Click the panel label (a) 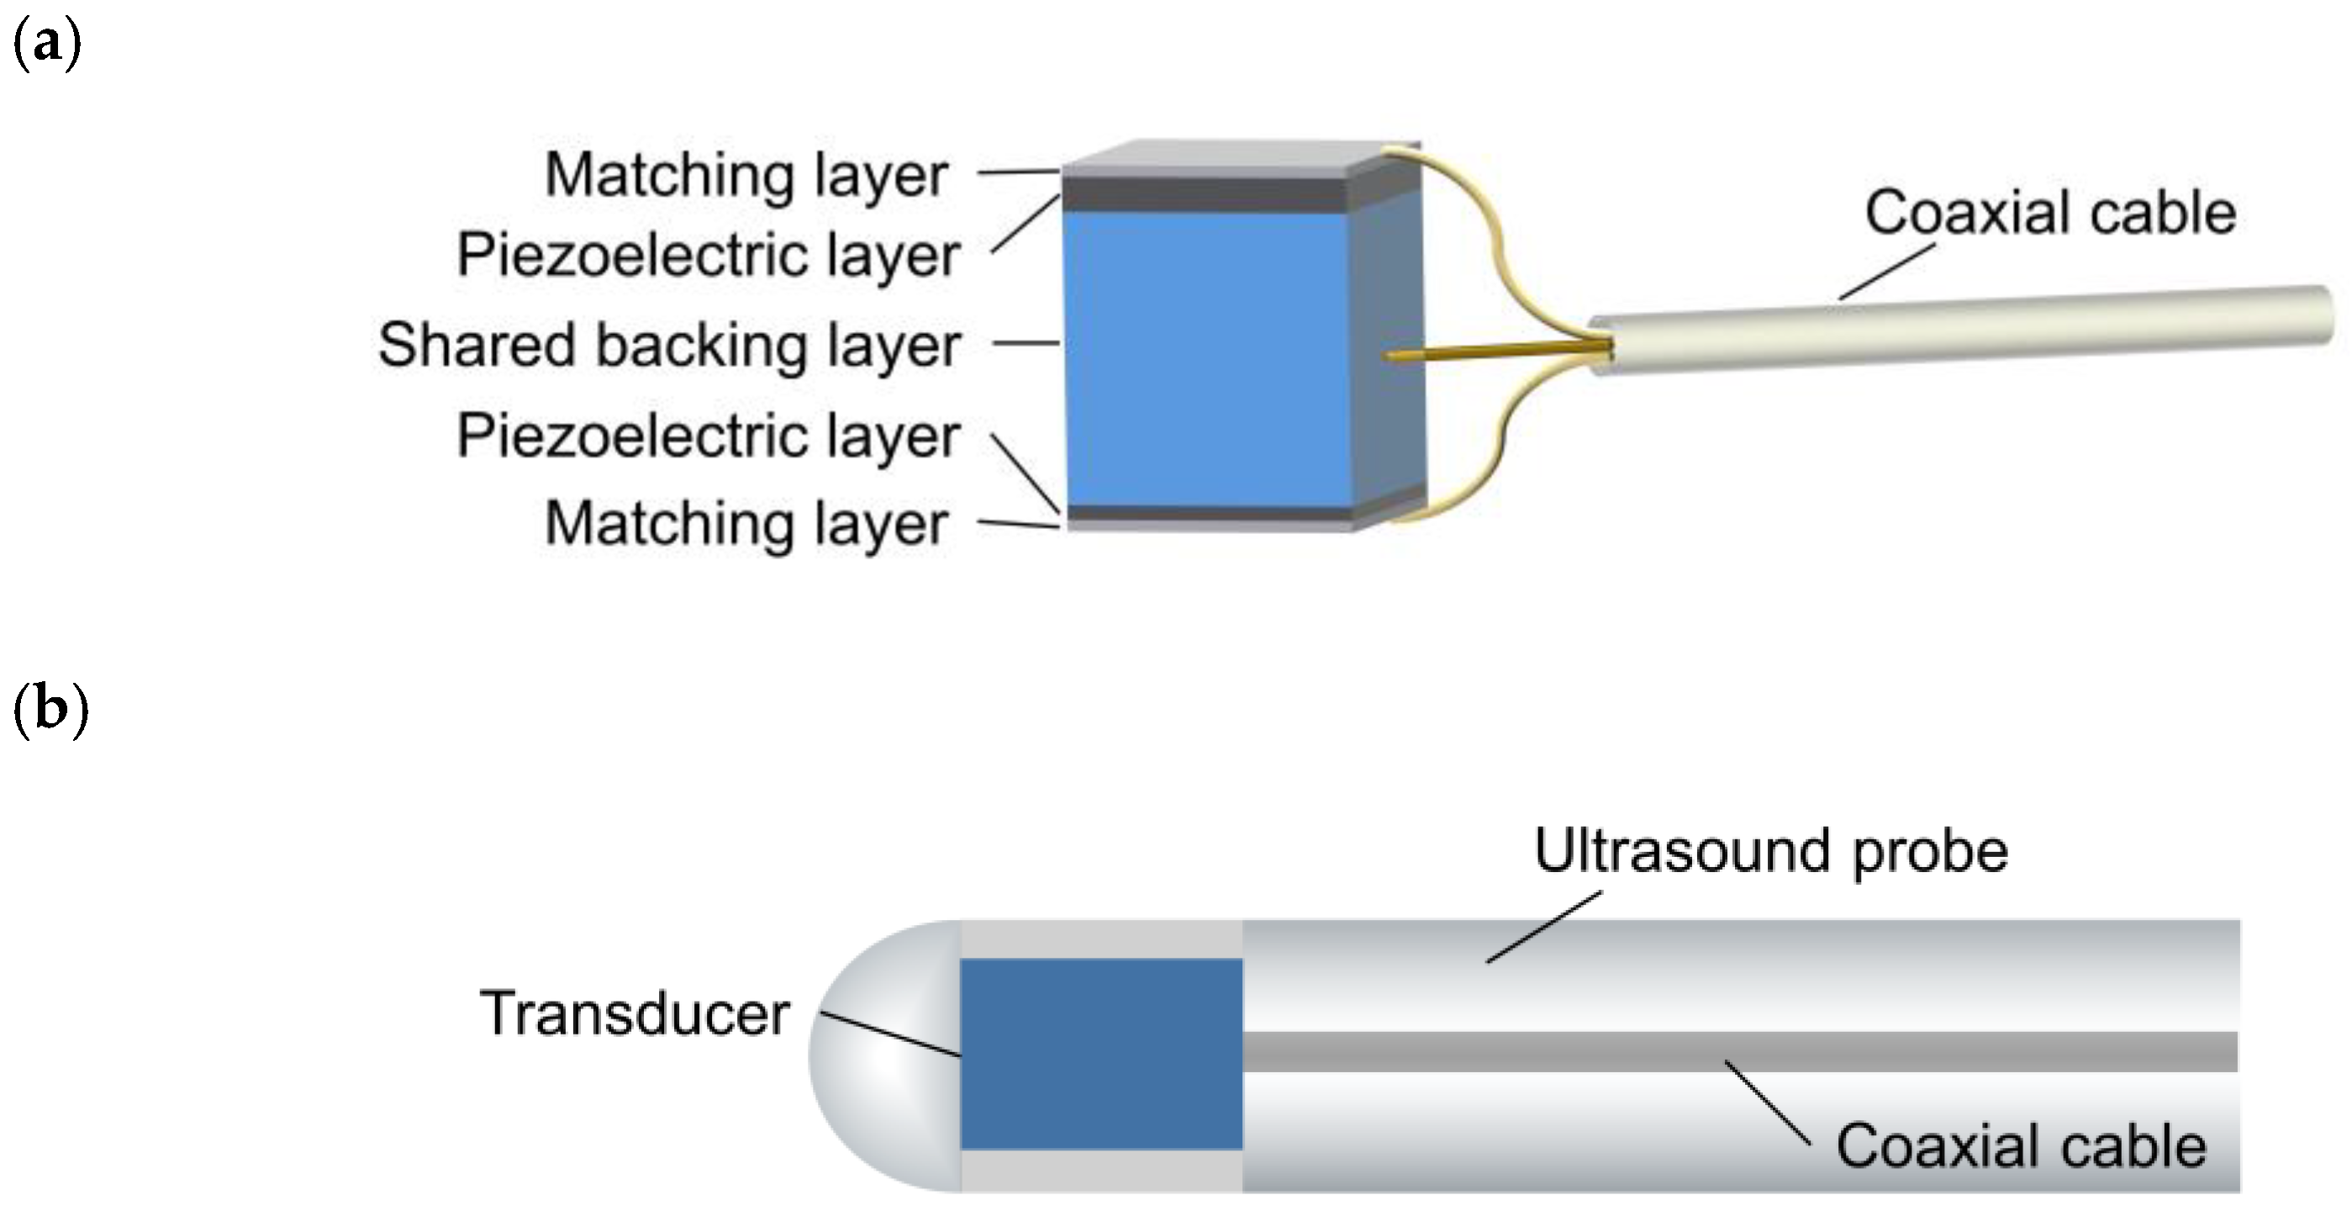[47, 44]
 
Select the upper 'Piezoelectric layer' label [708, 254]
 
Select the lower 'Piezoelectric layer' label [708, 436]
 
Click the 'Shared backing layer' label [669, 345]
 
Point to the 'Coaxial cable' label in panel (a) [2049, 213]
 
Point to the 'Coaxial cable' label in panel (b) [2021, 1146]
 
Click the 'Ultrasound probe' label [1770, 851]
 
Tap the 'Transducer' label [635, 1013]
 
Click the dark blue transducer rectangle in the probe [1101, 1053]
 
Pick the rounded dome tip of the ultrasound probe [877, 1055]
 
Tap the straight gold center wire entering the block [1497, 351]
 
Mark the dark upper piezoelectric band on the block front [1205, 194]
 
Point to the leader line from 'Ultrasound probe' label [1543, 927]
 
